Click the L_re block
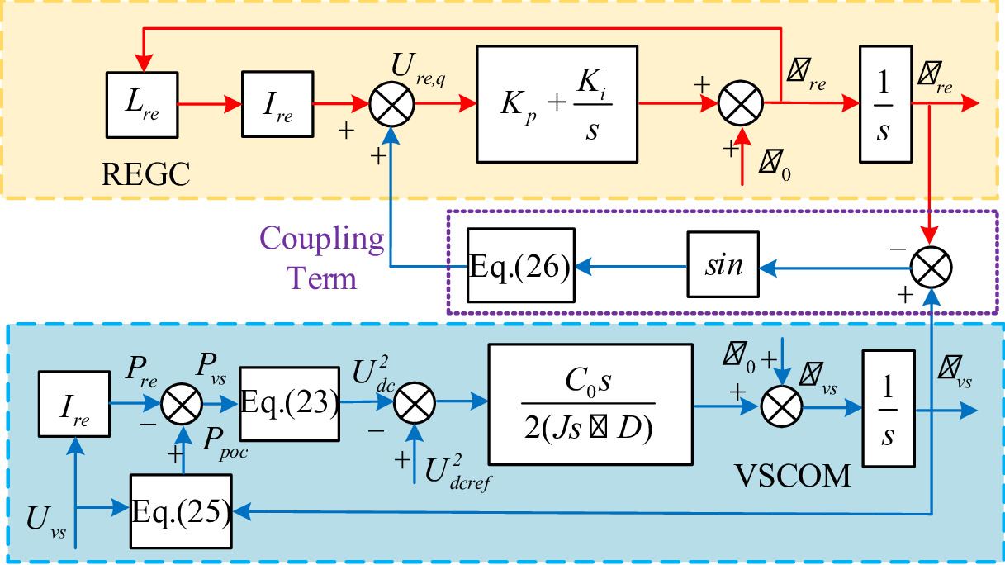point(142,105)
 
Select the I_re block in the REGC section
point(277,105)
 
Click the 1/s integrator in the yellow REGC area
point(884,105)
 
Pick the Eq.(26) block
point(521,266)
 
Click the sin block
point(723,266)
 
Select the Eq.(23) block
point(290,402)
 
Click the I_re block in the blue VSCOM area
point(75,404)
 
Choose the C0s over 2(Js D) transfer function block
point(590,404)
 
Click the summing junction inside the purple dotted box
point(931,266)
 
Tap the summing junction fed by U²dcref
point(414,404)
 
